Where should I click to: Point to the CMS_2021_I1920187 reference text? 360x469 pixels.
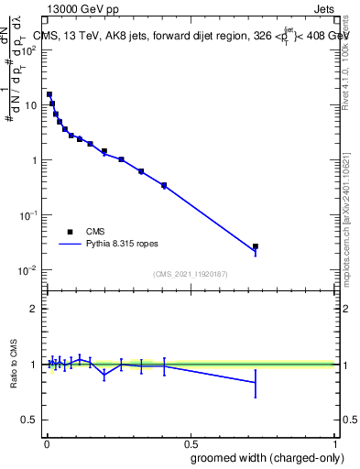tap(191, 274)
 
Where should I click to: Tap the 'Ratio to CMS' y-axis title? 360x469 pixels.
tap(14, 364)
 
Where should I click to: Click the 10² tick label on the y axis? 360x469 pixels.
tap(29, 50)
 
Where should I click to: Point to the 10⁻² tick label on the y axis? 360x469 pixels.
tap(29, 270)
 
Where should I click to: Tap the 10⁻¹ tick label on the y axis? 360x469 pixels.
tap(29, 215)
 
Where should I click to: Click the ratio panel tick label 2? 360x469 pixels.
tap(33, 309)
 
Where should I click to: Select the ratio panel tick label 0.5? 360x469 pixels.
tap(29, 420)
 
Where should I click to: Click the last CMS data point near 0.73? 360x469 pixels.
tap(256, 246)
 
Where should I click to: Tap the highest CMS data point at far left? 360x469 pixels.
tap(49, 94)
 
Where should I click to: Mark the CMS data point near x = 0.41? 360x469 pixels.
tap(164, 185)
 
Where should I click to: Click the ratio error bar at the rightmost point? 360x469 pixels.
tap(256, 383)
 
